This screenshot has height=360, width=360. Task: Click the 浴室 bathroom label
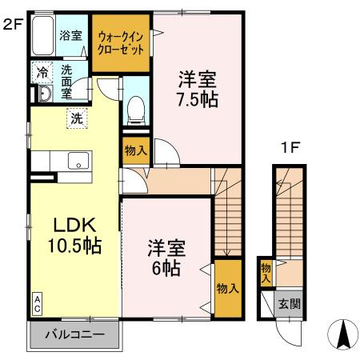(x=71, y=35)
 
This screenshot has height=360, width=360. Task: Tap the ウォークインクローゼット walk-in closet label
(x=121, y=42)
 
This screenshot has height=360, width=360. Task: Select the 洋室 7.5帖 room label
(x=197, y=90)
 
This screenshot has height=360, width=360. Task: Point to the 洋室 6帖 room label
(x=163, y=257)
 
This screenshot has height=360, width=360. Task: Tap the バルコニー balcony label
(x=74, y=335)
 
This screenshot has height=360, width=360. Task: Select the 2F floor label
(x=12, y=24)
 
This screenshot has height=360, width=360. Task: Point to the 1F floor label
(x=289, y=148)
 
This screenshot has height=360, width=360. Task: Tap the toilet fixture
(x=136, y=106)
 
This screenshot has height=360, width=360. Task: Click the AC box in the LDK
(x=37, y=303)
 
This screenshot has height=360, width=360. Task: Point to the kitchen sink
(x=78, y=159)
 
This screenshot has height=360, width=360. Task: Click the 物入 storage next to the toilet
(x=135, y=150)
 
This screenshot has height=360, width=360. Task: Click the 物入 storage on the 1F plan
(x=266, y=273)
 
